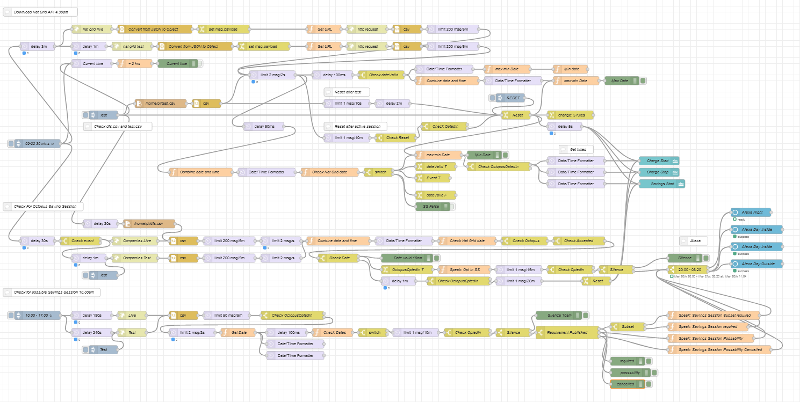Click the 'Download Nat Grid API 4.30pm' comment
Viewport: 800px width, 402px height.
(40, 12)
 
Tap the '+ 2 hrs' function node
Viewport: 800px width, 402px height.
(135, 63)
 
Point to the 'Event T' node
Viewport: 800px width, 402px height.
(433, 178)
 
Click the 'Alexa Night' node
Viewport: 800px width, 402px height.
(751, 213)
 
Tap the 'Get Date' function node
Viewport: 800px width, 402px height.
(239, 332)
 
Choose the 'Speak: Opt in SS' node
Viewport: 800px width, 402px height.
(464, 269)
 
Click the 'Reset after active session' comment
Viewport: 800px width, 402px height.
(357, 126)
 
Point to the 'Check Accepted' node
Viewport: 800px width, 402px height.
(579, 241)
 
